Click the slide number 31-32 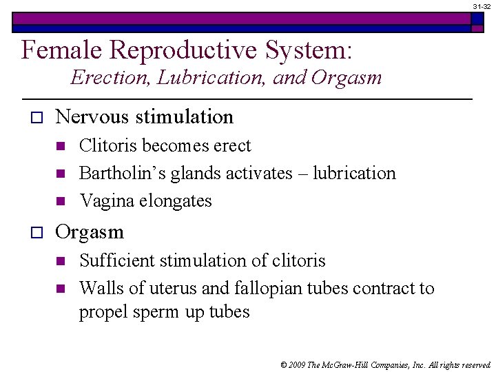pos(482,6)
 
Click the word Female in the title pos(61,50)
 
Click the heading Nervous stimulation pos(144,117)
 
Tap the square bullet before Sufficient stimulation pos(61,261)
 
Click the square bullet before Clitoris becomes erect pos(61,146)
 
